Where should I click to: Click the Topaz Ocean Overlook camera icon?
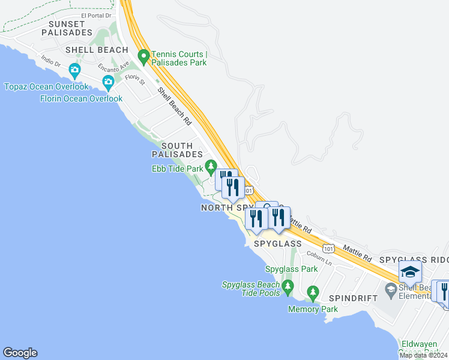click(74, 70)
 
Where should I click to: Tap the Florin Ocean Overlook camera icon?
click(108, 82)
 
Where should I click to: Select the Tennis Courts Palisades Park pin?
click(143, 57)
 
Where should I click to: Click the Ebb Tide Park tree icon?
click(210, 166)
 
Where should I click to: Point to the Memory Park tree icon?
click(312, 293)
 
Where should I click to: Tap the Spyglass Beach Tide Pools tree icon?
click(288, 286)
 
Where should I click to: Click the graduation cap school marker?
click(411, 272)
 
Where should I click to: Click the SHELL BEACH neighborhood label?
click(97, 50)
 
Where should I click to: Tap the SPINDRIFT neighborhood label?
click(352, 298)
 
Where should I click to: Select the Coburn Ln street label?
click(319, 258)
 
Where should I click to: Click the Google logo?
click(20, 353)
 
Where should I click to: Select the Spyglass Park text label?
click(291, 269)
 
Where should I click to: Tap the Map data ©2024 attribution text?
click(423, 355)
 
